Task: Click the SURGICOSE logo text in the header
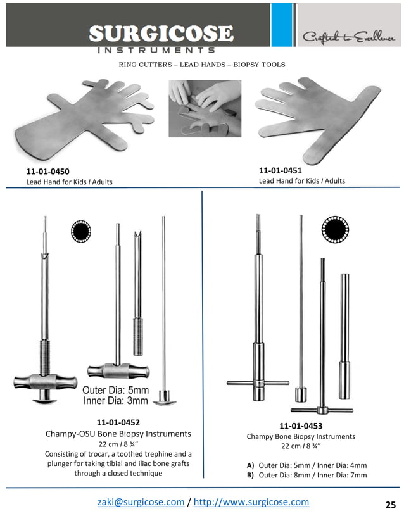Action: (x=161, y=33)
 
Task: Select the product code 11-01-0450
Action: (x=47, y=172)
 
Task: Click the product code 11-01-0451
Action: (x=280, y=170)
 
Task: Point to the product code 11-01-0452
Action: (x=118, y=422)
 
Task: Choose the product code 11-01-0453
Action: (x=301, y=426)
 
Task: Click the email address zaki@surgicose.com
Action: (x=141, y=502)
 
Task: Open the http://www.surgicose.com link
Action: (x=251, y=502)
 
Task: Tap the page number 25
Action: (x=390, y=505)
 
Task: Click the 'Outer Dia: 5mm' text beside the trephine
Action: (x=116, y=390)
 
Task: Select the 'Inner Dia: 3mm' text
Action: (x=116, y=400)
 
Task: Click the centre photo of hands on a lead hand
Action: (x=205, y=108)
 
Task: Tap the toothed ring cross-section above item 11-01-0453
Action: (x=335, y=229)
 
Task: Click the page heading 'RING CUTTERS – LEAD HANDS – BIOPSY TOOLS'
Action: (x=202, y=65)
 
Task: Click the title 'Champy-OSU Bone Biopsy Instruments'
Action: (x=118, y=434)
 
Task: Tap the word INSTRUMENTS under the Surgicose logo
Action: (x=156, y=50)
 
